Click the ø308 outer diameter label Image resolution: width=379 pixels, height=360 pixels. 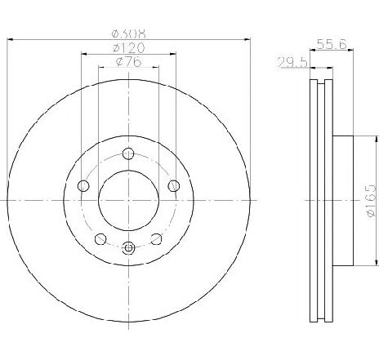pos(129,33)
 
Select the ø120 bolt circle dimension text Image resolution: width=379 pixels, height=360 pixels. pos(128,48)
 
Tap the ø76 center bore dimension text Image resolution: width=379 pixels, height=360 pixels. pos(128,61)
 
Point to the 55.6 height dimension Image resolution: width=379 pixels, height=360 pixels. pos(332,44)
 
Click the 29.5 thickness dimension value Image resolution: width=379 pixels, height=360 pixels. pos(292,62)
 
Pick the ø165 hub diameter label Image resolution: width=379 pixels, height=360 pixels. pos(371,201)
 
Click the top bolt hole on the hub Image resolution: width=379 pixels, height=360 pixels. pos(128,153)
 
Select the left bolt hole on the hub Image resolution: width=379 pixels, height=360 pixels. pos(83,186)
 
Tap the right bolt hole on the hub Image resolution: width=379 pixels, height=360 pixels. pos(174,186)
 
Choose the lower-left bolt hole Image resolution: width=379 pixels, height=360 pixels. pos(100,239)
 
